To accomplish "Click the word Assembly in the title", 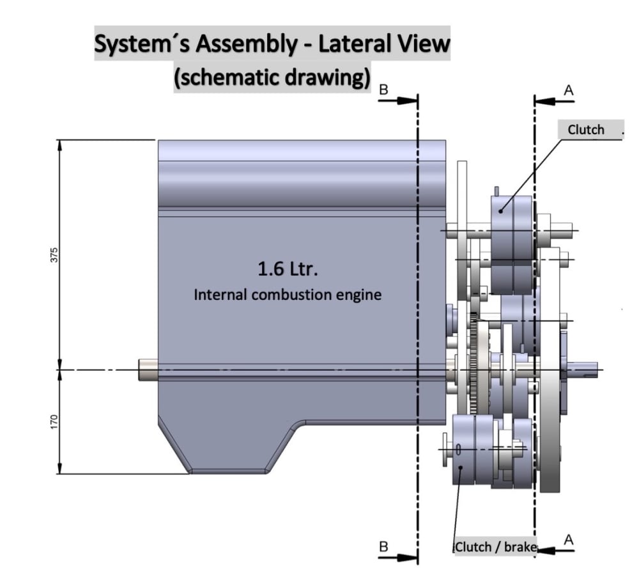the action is coord(246,44).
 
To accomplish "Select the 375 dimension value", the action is coord(54,255).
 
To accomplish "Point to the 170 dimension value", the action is coord(54,421).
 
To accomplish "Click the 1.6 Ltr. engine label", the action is coord(288,269).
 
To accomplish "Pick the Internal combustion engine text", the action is coord(288,295).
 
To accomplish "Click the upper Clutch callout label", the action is coord(586,130).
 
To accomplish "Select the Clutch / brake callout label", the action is coord(496,547).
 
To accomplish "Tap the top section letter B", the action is coord(383,90).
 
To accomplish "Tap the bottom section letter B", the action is coord(383,547).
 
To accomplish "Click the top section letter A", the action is coord(569,90).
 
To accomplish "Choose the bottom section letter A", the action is coord(569,540).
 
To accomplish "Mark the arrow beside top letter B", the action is coord(398,100).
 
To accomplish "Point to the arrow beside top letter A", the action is coord(554,100).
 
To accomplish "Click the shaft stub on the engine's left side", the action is coord(148,370).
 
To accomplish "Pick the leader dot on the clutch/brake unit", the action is coord(461,467).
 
